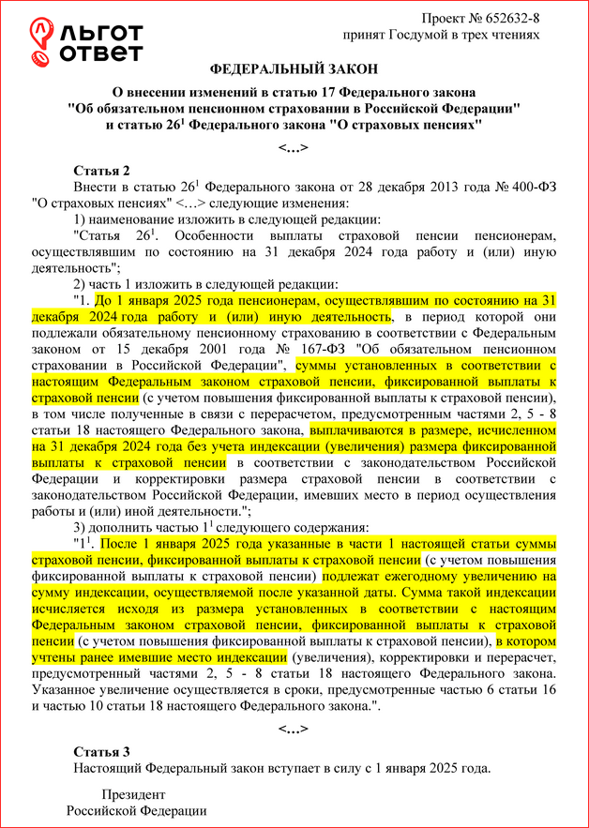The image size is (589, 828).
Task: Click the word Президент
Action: (x=135, y=795)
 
